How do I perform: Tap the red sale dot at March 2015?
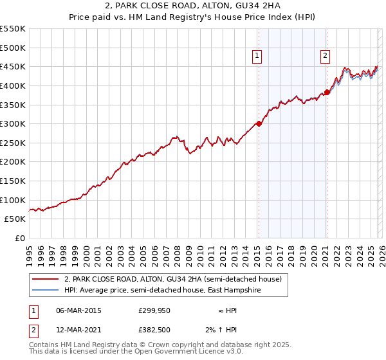point(259,123)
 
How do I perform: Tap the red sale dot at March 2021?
point(327,92)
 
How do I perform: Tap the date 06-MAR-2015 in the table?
point(79,310)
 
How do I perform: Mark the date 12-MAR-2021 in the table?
point(79,330)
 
